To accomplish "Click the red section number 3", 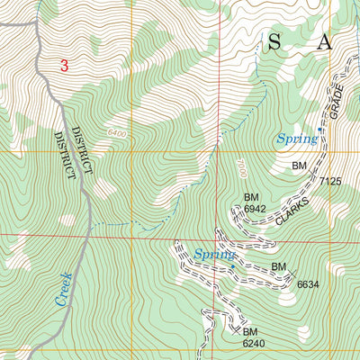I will (65, 66).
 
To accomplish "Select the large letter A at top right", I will (325, 41).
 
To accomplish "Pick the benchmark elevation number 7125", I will (330, 181).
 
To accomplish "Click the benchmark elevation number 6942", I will (256, 209).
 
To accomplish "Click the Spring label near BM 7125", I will (296, 139).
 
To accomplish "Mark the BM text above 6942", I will (252, 197).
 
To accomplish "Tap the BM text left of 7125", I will (300, 166).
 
